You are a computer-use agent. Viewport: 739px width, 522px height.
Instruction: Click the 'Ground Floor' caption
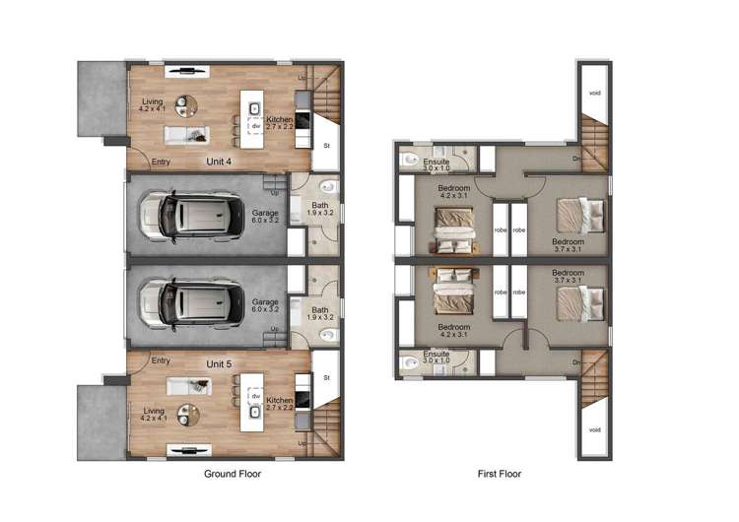(232, 474)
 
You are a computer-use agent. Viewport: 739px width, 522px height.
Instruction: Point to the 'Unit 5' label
(219, 364)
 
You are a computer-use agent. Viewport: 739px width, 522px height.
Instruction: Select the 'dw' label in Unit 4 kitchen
(254, 126)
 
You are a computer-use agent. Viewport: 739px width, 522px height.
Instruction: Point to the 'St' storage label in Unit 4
(327, 146)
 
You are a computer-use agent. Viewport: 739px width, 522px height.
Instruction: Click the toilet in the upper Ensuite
(409, 158)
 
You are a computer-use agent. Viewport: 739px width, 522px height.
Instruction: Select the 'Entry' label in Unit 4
(161, 163)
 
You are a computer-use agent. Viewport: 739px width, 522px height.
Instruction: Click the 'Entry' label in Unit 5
(161, 360)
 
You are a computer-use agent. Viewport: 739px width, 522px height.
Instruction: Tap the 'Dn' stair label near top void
(576, 158)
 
